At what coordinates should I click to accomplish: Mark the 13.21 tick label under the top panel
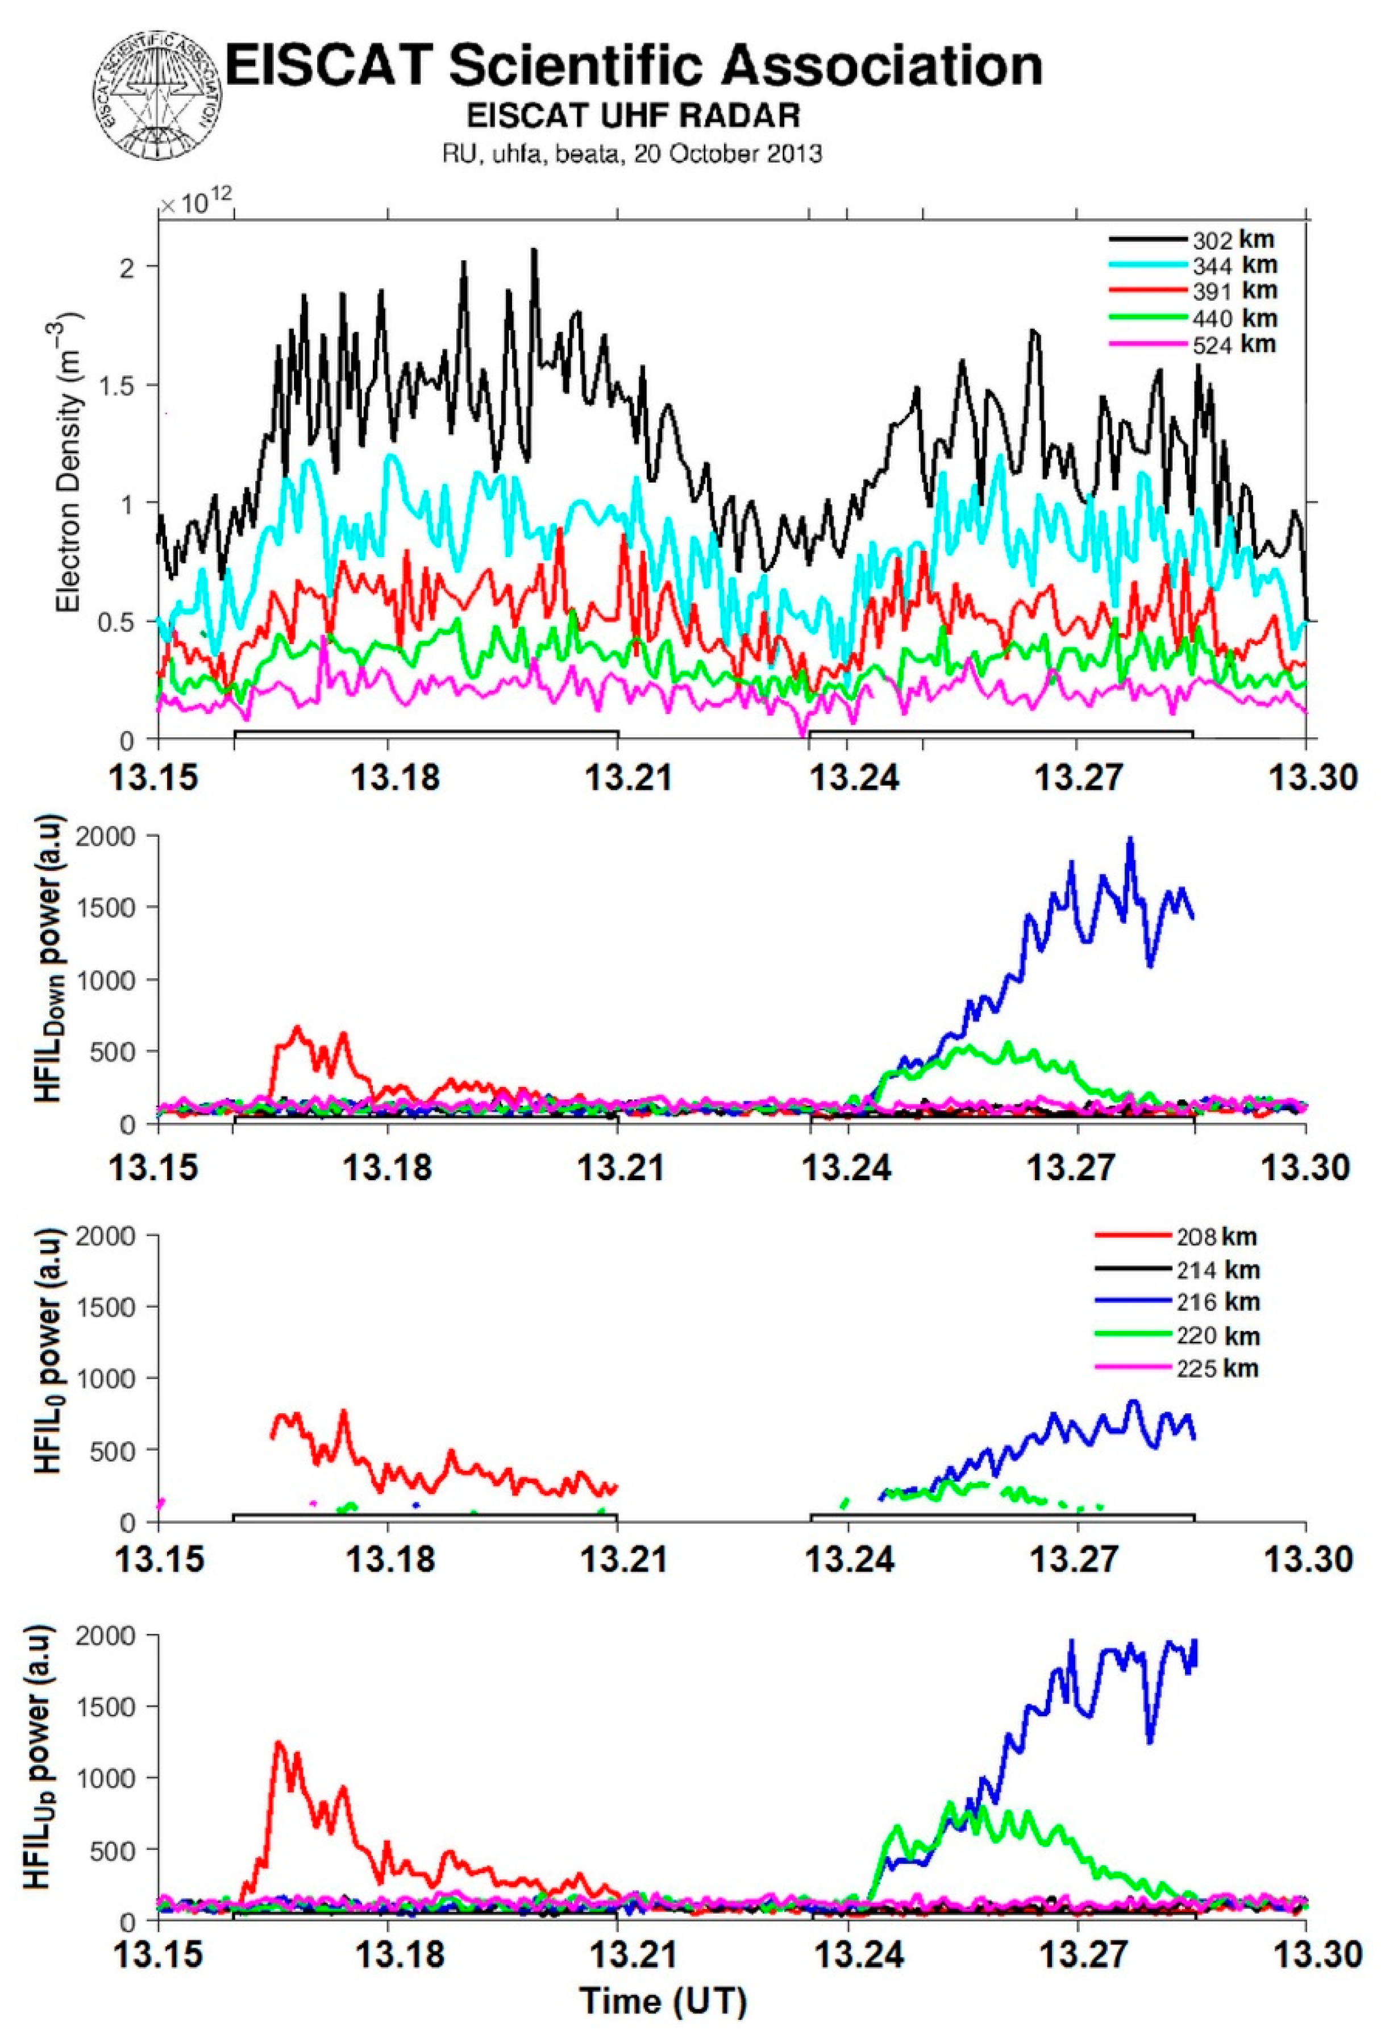(618, 777)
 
